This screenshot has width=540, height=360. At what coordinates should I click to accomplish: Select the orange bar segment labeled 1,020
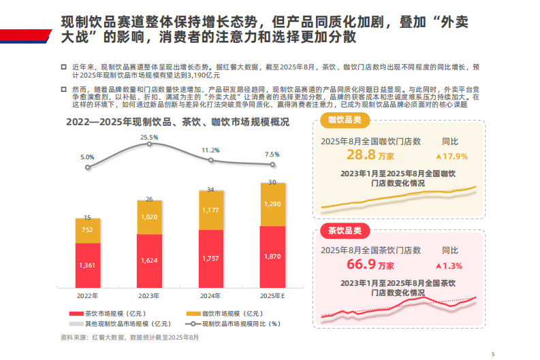[x=148, y=217]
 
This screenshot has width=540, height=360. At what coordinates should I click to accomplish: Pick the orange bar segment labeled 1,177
[x=210, y=210]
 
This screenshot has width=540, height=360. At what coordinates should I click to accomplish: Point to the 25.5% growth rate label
[x=149, y=137]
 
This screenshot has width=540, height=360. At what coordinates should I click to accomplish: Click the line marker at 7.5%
[x=272, y=164]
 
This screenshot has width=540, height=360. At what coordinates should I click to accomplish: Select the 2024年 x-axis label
[x=210, y=296]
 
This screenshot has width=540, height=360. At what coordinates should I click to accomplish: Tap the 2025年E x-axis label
[x=272, y=296]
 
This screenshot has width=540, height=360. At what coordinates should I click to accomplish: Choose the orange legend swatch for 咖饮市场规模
[x=192, y=314]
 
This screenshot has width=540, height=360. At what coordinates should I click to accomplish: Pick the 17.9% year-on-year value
[x=454, y=157]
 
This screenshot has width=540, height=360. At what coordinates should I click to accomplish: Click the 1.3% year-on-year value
[x=451, y=265]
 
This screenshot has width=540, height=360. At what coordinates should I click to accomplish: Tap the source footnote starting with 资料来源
[x=129, y=338]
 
